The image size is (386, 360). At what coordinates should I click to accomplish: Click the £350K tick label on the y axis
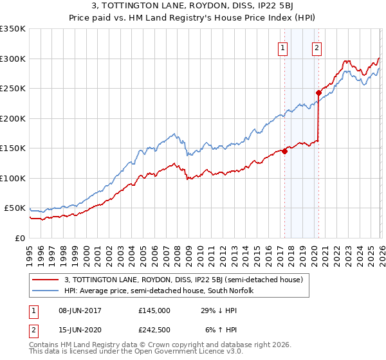click(13, 29)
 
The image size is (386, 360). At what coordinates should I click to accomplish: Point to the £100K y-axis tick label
click(13, 179)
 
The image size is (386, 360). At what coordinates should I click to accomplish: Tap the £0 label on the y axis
click(19, 239)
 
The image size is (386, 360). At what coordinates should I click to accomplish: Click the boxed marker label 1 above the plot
click(284, 47)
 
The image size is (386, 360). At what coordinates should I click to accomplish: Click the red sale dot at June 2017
click(284, 152)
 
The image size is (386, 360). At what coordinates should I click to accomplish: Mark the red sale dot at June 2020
click(318, 93)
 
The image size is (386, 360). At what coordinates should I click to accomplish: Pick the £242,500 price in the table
click(154, 330)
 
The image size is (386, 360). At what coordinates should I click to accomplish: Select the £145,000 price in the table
click(154, 310)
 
